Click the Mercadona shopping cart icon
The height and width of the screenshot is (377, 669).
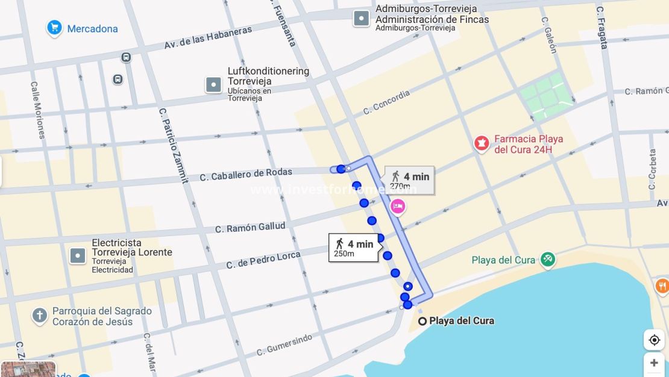pos(54,28)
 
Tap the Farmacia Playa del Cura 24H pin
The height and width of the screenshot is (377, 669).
pos(481,144)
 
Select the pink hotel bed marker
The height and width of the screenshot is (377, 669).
pos(398,207)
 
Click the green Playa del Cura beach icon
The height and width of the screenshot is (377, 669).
pos(547,260)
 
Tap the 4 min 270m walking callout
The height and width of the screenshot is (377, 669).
pos(409,180)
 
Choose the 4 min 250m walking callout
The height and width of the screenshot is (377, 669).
pos(354,248)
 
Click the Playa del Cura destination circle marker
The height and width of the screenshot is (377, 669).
pos(422,321)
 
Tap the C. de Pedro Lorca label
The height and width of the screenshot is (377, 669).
pos(263,260)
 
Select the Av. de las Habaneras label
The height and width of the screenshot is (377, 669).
pos(208,38)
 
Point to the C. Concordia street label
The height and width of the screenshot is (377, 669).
pos(386,103)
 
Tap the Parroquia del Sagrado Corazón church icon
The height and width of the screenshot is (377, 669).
pos(40,316)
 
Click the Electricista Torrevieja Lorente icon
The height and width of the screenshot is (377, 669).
pos(78,256)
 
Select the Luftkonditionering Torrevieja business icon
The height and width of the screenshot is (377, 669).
pos(214,85)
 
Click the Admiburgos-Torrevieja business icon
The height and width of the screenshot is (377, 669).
pos(361,18)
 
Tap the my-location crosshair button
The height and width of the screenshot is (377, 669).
pos(654,340)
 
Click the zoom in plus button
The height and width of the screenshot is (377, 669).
pos(654,363)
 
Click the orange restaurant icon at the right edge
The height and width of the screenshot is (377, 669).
pos(662,286)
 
